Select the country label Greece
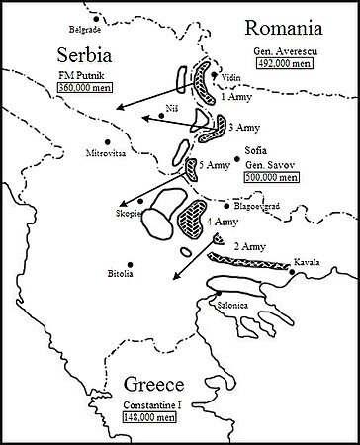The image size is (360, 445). click(155, 387)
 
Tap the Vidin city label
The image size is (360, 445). click(233, 75)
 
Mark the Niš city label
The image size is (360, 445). click(175, 103)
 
